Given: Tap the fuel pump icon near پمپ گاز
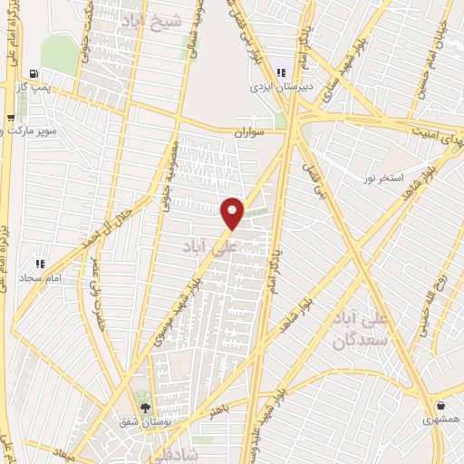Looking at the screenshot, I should [x=34, y=74].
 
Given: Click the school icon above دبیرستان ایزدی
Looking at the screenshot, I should [x=281, y=72].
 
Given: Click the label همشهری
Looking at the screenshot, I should [x=440, y=421].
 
